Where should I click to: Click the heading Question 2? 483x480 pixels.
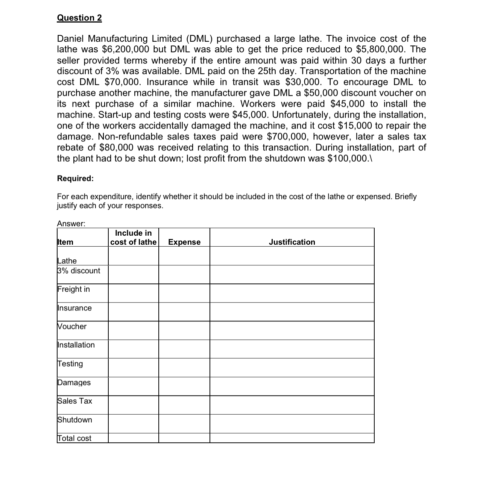pos(79,18)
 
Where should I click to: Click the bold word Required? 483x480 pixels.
pos(75,179)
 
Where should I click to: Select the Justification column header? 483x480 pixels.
pos(292,242)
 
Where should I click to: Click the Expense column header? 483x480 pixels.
pos(184,242)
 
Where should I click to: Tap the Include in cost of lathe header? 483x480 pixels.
pos(133,238)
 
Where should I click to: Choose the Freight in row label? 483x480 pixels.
pos(74,289)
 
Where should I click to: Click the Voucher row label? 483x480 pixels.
pos(72,326)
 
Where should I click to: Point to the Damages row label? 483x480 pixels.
pos(74,382)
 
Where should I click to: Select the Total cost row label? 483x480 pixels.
pos(74,438)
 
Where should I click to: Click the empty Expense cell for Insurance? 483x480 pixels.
pos(184,312)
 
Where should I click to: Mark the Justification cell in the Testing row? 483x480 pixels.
pos(292,367)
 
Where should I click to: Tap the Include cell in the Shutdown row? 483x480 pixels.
pos(133,423)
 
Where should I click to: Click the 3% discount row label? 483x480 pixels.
pos(79,271)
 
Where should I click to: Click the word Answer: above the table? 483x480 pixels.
pos(71,224)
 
